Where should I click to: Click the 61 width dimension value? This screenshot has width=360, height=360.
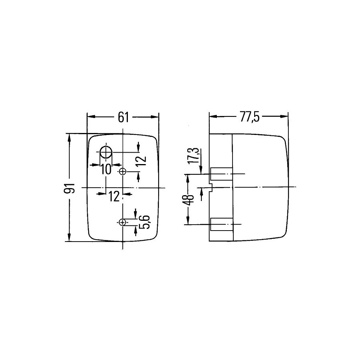point(123,118)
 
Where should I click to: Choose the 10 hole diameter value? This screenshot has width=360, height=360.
point(106,170)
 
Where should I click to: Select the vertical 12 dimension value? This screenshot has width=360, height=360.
point(142,161)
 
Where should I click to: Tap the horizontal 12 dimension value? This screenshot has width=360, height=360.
point(114,197)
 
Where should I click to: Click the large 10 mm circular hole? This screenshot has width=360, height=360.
point(106,152)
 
